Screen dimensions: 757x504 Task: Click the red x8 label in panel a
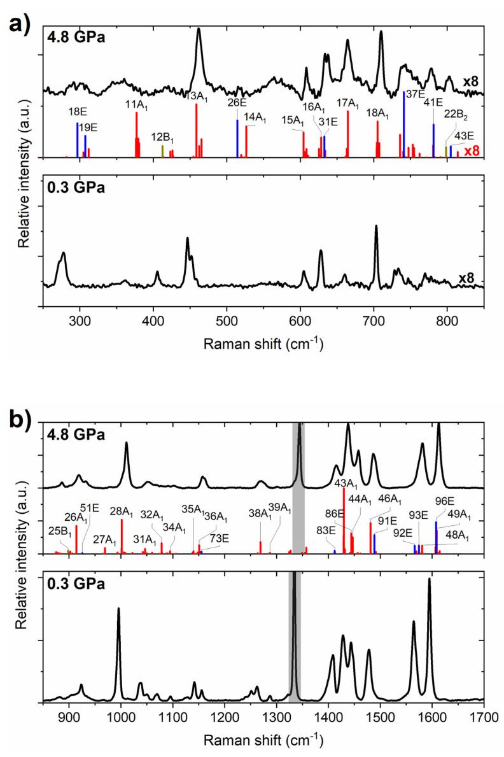pyautogui.click(x=471, y=152)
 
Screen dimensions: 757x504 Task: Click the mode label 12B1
pyautogui.click(x=163, y=137)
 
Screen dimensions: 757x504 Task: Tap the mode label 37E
pyautogui.click(x=416, y=95)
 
